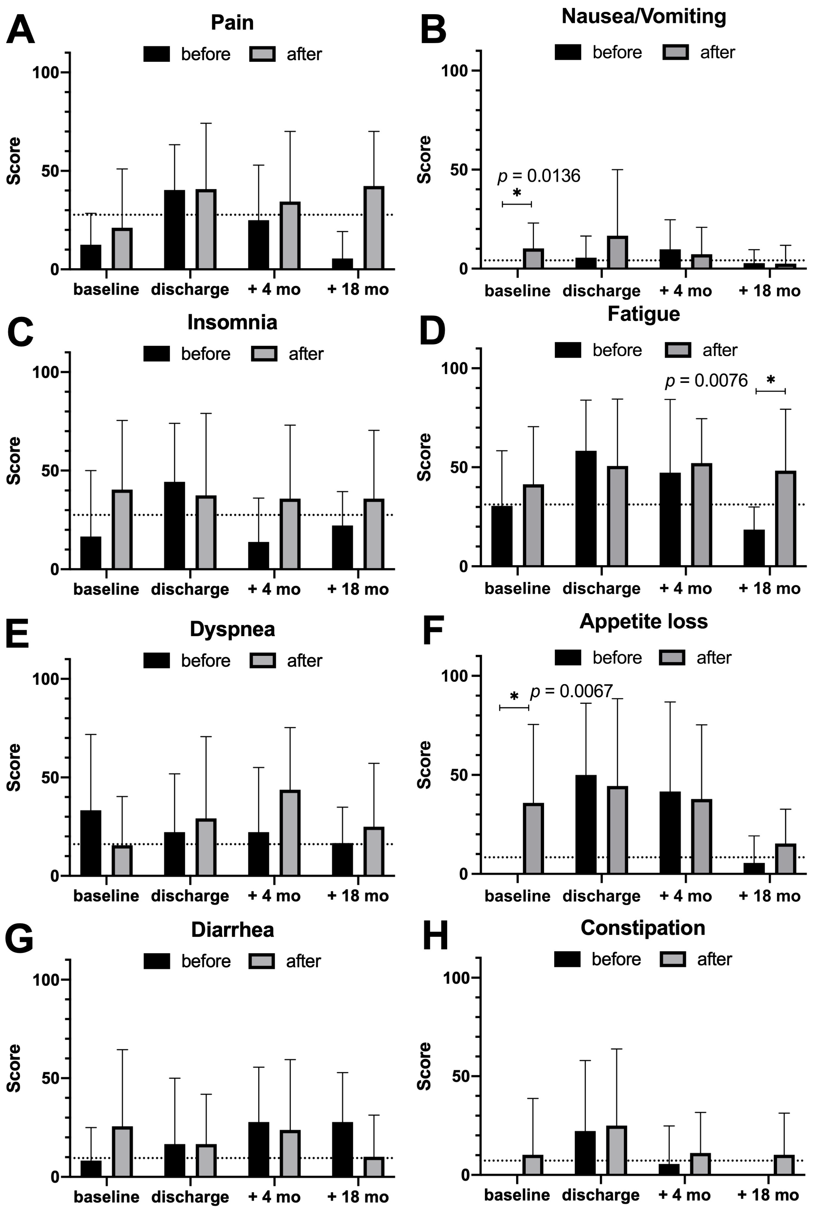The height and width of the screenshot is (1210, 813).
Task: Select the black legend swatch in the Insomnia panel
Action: [x=157, y=354]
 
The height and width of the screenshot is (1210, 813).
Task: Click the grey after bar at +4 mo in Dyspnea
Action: [x=290, y=833]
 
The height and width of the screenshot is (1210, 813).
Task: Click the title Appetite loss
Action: [x=644, y=621]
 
